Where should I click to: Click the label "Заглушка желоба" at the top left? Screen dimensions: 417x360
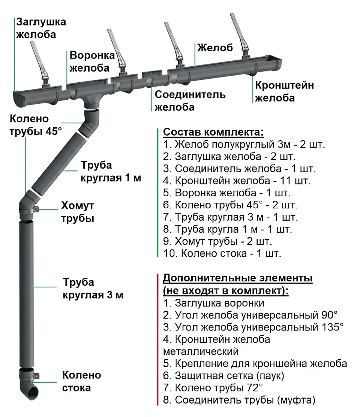pyautogui.click(x=40, y=28)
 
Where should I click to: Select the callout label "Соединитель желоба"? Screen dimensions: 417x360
pyautogui.click(x=190, y=100)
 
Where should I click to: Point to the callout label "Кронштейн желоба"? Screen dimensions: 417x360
pyautogui.click(x=284, y=91)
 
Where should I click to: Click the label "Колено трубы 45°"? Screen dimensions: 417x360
pyautogui.click(x=35, y=125)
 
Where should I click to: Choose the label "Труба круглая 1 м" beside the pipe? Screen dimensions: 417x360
pyautogui.click(x=111, y=171)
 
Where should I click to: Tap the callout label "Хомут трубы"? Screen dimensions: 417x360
pyautogui.click(x=78, y=212)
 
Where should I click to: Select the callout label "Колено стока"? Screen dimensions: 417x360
pyautogui.click(x=81, y=381)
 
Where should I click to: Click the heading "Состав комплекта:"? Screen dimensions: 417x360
pyautogui.click(x=213, y=133)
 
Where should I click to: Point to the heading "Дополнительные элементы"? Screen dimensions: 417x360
pyautogui.click(x=238, y=279)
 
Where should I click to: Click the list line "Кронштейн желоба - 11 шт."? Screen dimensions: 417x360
pyautogui.click(x=237, y=181)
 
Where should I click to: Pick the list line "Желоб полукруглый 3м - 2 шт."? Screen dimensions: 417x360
pyautogui.click(x=244, y=145)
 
